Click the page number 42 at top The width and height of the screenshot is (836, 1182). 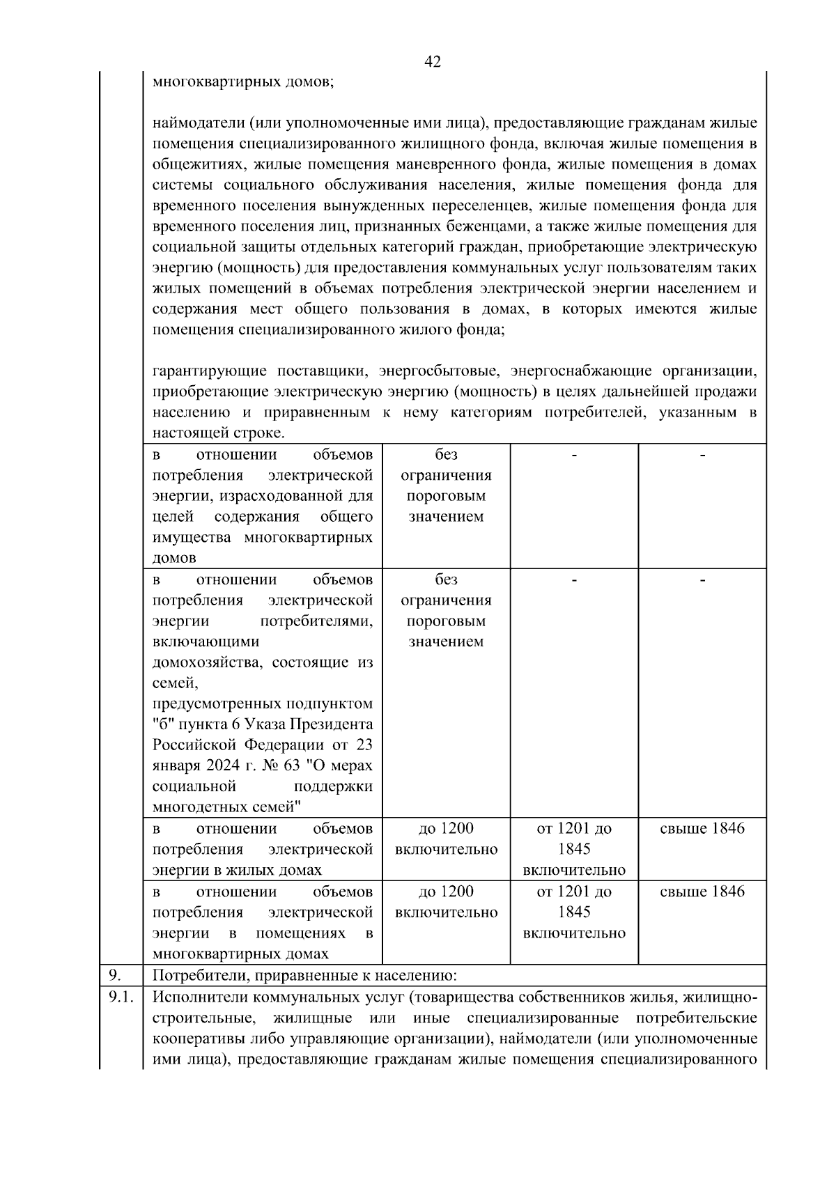pos(432,62)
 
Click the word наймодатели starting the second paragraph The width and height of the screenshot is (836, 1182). pos(195,123)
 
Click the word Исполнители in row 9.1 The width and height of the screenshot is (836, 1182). pos(197,997)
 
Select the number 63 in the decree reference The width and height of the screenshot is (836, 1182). pos(291,765)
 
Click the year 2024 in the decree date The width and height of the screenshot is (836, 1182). pos(222,765)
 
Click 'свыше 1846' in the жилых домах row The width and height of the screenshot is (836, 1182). pos(702,828)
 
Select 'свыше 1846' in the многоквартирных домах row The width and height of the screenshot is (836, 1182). pos(702,892)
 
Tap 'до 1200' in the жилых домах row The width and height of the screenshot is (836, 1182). pos(446,828)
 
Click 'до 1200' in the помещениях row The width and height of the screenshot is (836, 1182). pos(446,892)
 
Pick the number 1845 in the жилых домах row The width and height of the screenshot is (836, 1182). pos(573,849)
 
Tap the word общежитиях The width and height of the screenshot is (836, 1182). pos(199,164)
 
